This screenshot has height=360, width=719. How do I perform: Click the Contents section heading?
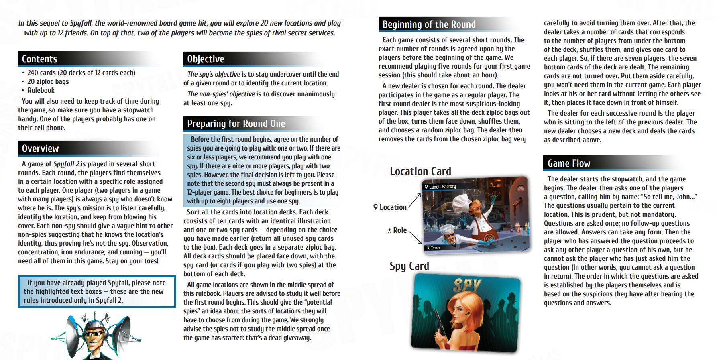[40, 59]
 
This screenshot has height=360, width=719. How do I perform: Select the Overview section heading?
[41, 148]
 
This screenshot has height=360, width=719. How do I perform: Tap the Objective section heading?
[206, 59]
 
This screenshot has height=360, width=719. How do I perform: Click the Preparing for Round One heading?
[236, 124]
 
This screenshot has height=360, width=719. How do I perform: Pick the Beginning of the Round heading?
[429, 24]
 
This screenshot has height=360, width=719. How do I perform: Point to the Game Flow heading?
[569, 163]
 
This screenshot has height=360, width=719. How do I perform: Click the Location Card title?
[420, 171]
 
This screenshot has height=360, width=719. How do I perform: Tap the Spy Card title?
[409, 266]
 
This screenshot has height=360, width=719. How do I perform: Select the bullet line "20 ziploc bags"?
[48, 81]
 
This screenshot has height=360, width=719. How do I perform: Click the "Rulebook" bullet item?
[41, 90]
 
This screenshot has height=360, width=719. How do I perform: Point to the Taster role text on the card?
[435, 248]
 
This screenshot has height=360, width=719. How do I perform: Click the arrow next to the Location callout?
[415, 200]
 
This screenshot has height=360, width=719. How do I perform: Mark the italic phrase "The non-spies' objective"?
[221, 94]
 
